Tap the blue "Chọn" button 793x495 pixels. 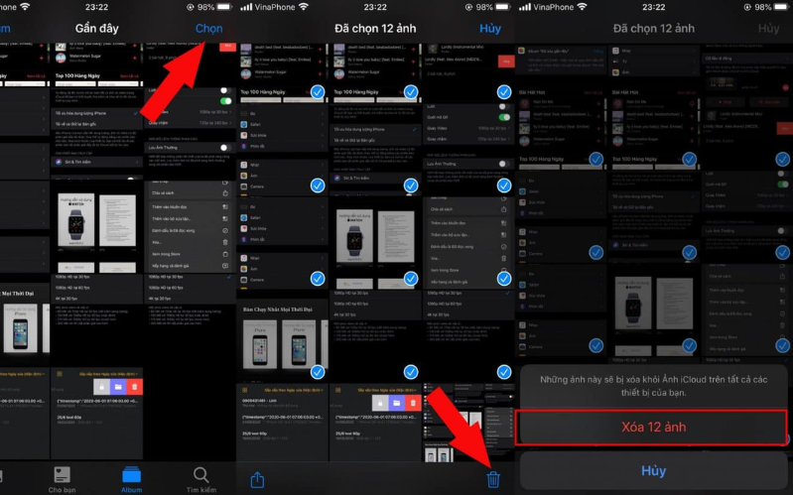pos(209,29)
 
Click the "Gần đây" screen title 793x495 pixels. pos(96,29)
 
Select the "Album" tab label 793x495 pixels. pos(132,489)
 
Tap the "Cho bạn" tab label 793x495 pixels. pos(63,489)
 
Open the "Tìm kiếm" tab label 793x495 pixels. pos(201,489)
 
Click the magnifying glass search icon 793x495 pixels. pos(201,473)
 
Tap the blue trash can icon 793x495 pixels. pos(493,479)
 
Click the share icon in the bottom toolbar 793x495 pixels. pos(257,479)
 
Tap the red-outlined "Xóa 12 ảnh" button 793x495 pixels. pos(652,428)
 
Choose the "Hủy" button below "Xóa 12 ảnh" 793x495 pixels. pos(653,471)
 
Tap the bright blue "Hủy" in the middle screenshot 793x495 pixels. pos(490,29)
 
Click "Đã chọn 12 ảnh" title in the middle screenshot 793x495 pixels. pos(377,29)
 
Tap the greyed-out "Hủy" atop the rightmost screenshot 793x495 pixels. pos(768,29)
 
